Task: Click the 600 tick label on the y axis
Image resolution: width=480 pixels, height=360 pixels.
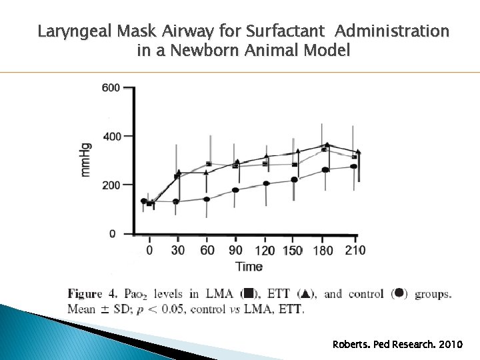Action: [x=111, y=87]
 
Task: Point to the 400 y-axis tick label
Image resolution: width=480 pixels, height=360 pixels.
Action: [x=111, y=136]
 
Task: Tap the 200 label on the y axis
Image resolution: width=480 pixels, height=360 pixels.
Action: [x=111, y=185]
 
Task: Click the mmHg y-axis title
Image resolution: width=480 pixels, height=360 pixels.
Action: [x=87, y=160]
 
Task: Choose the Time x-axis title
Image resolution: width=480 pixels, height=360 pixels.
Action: [x=249, y=266]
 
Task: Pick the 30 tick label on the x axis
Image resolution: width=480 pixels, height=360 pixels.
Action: [x=177, y=251]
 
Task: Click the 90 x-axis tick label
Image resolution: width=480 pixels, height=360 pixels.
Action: [x=236, y=251]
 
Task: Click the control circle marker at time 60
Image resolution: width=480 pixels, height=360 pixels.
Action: [x=207, y=199]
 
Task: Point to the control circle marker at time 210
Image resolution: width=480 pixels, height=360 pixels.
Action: [x=354, y=167]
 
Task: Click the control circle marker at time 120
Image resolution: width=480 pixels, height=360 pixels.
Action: [x=266, y=183]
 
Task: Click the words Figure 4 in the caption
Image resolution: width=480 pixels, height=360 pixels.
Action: [x=94, y=294]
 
